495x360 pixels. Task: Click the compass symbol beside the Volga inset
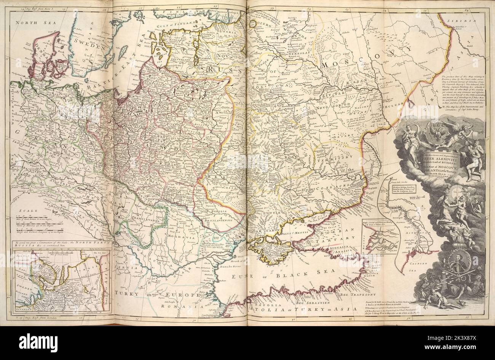click(422, 208)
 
